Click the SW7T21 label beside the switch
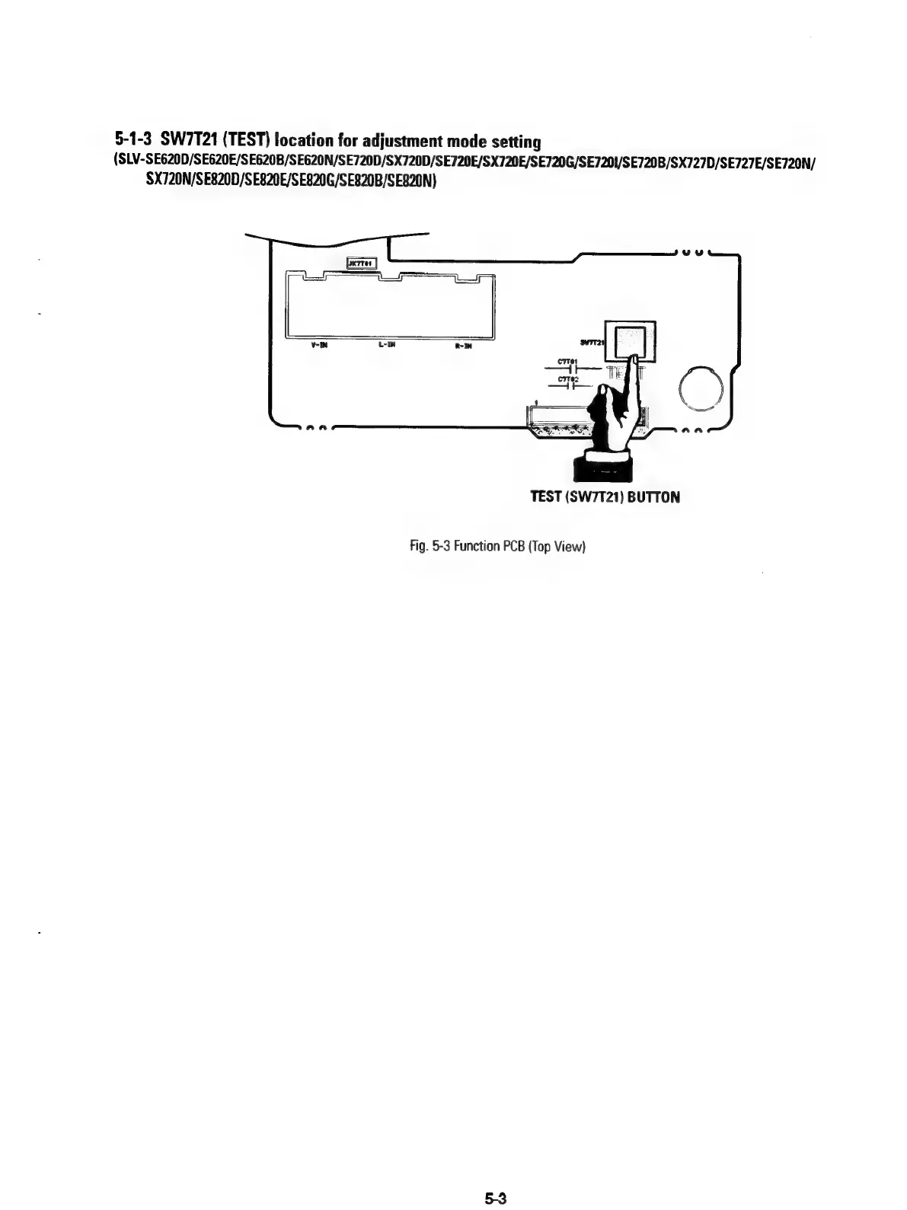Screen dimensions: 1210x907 click(592, 343)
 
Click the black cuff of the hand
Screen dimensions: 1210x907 click(602, 465)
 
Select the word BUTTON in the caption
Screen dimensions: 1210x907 click(654, 497)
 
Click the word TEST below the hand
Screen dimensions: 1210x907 click(546, 497)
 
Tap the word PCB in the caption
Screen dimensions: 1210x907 click(507, 546)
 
